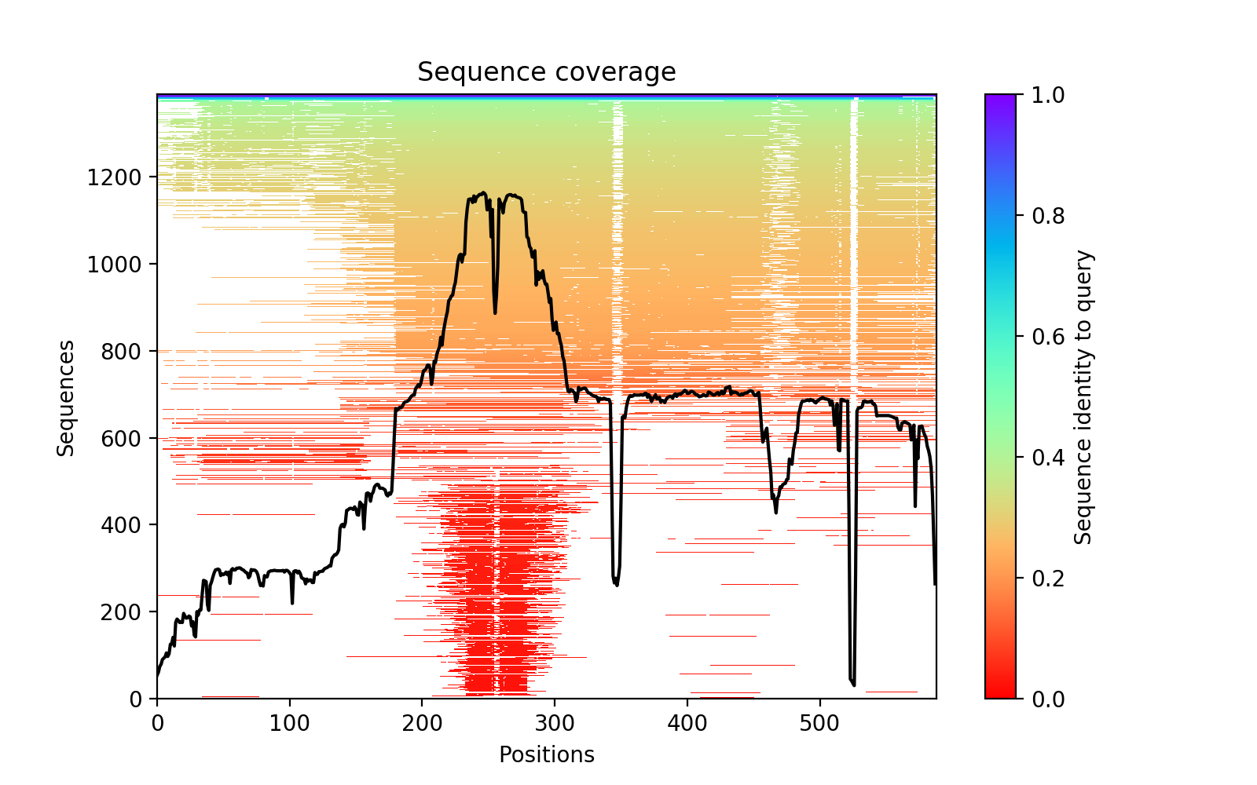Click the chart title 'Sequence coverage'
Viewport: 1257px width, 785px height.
[546, 72]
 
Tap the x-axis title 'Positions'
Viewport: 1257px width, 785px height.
[546, 755]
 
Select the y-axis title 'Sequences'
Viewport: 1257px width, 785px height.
[66, 397]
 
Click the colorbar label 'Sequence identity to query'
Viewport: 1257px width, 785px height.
[1083, 397]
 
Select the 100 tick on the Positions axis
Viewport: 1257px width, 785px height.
[290, 722]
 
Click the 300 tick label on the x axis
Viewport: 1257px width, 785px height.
[555, 722]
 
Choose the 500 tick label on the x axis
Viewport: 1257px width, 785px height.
[820, 722]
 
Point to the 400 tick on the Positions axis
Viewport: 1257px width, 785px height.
[687, 722]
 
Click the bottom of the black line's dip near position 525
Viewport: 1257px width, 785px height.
[854, 685]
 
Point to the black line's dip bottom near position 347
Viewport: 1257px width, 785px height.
[617, 585]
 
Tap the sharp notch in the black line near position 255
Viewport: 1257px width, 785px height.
[495, 313]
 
